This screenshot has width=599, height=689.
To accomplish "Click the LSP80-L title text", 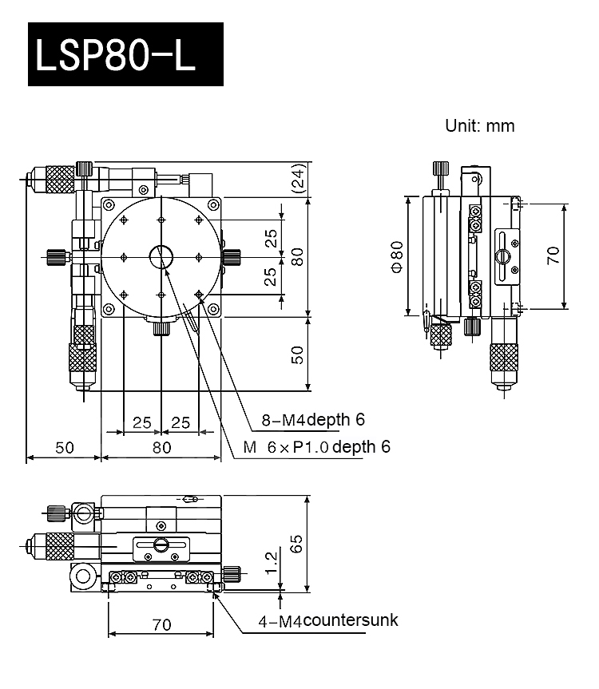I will click(125, 53).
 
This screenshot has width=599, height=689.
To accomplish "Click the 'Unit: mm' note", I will click(479, 126).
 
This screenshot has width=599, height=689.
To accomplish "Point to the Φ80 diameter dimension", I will click(397, 255).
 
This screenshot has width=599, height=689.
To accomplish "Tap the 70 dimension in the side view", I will click(553, 255).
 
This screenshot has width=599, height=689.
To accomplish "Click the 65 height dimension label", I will click(296, 544).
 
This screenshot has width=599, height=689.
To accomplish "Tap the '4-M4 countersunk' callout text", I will click(327, 620).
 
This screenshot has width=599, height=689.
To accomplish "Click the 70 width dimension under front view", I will click(161, 625).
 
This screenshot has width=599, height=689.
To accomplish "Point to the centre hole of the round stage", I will click(161, 256).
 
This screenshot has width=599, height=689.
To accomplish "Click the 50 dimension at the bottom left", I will click(64, 447).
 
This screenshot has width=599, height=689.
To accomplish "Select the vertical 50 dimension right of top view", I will click(296, 354).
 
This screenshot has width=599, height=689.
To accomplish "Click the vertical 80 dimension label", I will click(296, 256).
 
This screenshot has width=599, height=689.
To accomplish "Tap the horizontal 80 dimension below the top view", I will click(161, 447).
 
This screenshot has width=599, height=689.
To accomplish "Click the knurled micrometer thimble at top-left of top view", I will click(57, 178).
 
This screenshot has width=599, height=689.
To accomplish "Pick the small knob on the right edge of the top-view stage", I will click(232, 256).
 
